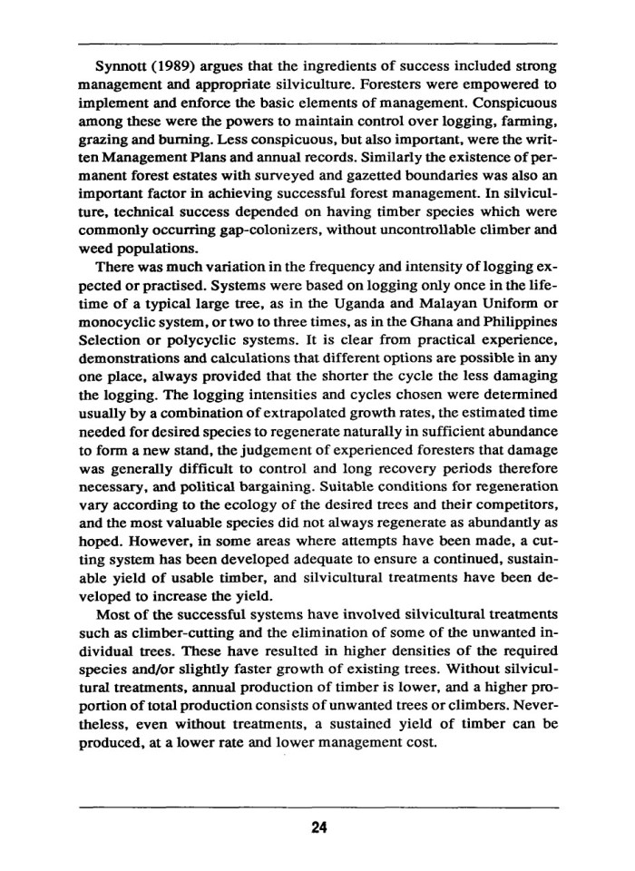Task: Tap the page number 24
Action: tap(317, 825)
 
